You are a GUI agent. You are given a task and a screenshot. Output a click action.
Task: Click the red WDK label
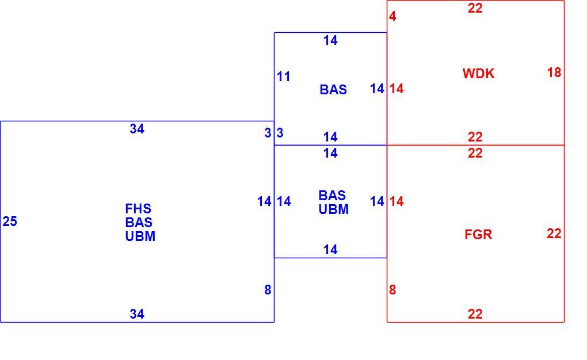coord(478,74)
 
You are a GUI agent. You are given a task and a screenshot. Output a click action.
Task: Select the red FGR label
coord(478,235)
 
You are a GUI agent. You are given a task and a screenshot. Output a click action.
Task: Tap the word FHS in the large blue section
coord(138,208)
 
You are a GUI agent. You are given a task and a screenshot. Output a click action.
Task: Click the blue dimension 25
coord(10,221)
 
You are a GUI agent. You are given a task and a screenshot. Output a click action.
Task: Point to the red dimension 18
coord(554,72)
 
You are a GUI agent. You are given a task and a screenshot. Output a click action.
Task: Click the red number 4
coord(392,16)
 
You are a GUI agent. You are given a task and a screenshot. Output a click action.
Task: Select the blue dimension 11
coord(283,76)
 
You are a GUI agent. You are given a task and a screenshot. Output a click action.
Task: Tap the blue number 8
coord(268,290)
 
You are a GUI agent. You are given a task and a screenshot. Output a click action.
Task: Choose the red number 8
coord(392,290)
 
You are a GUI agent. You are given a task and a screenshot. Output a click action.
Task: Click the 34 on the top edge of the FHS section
coord(137,129)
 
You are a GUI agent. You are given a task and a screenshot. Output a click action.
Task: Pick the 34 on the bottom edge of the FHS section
coord(137,313)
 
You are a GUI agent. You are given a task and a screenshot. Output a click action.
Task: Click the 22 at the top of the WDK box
coord(475,8)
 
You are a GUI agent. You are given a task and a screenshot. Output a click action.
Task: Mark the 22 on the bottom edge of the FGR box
coord(475,313)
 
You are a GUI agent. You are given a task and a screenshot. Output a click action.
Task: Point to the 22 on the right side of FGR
coord(554,233)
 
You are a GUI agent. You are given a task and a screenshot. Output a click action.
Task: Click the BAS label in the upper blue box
coord(333,90)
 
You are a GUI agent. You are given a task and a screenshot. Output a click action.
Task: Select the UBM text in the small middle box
coord(334,209)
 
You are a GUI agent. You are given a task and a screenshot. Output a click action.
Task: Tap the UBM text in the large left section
coord(140,236)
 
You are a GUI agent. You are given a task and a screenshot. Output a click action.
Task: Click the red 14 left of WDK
coord(397,89)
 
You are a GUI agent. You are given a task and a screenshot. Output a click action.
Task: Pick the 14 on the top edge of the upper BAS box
coord(330,40)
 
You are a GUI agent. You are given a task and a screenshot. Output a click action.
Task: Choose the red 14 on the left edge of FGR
coord(397,201)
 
